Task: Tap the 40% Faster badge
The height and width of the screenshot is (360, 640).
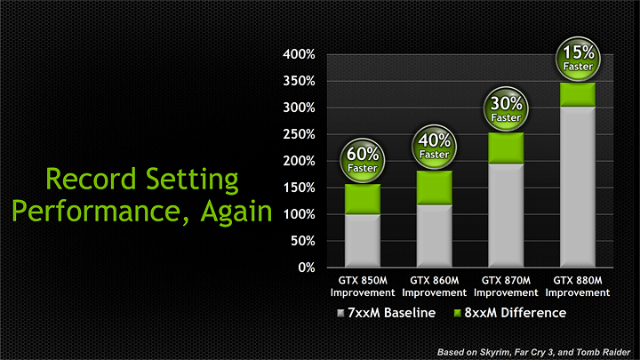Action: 434,146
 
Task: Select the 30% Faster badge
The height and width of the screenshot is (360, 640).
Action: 506,109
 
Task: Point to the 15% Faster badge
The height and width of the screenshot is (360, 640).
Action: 577,59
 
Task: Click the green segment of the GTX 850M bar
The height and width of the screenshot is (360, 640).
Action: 362,199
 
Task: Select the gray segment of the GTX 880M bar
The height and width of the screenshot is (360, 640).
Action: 577,187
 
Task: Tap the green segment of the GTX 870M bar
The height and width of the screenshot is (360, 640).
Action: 506,148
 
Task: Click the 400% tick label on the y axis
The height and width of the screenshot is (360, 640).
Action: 299,54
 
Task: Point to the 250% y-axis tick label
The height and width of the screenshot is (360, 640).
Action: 299,134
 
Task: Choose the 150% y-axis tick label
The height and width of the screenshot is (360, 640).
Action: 299,188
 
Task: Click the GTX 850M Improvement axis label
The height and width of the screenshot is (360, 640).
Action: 362,287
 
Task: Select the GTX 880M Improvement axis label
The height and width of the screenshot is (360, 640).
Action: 577,287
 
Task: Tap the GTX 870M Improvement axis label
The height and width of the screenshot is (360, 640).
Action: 506,287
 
